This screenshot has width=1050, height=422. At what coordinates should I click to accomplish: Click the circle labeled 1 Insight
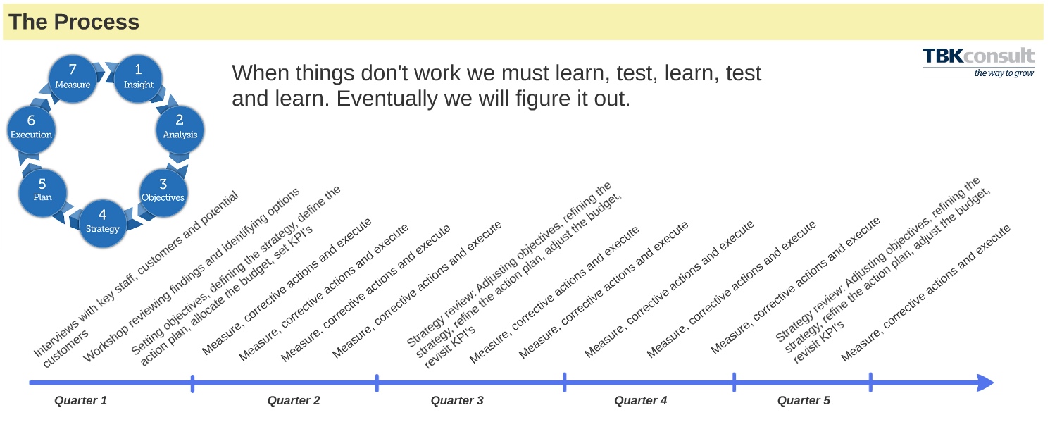tap(138, 79)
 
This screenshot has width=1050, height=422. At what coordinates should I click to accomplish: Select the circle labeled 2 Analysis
tap(180, 130)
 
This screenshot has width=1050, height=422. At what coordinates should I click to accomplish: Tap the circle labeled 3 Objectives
tap(163, 193)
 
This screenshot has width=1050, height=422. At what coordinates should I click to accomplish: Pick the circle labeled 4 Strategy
tap(103, 223)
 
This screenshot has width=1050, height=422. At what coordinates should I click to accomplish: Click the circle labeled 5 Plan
tap(43, 192)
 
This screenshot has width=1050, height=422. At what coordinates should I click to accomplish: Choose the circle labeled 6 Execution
tap(32, 130)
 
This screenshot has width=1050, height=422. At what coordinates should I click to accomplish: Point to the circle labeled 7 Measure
tap(73, 79)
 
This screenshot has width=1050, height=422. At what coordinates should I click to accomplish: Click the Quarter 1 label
tap(80, 400)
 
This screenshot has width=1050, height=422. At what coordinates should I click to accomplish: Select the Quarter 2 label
tap(294, 400)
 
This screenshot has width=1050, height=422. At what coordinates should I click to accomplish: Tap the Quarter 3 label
tap(457, 400)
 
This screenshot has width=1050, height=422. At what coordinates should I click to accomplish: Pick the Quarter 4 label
tap(640, 400)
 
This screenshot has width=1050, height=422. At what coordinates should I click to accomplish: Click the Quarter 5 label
tap(804, 400)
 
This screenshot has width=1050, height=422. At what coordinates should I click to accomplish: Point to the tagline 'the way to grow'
tap(1004, 73)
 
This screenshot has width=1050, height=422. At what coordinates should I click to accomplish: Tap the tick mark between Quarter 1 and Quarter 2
tap(193, 383)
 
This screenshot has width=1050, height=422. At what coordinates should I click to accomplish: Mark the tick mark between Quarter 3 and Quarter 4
tap(564, 383)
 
